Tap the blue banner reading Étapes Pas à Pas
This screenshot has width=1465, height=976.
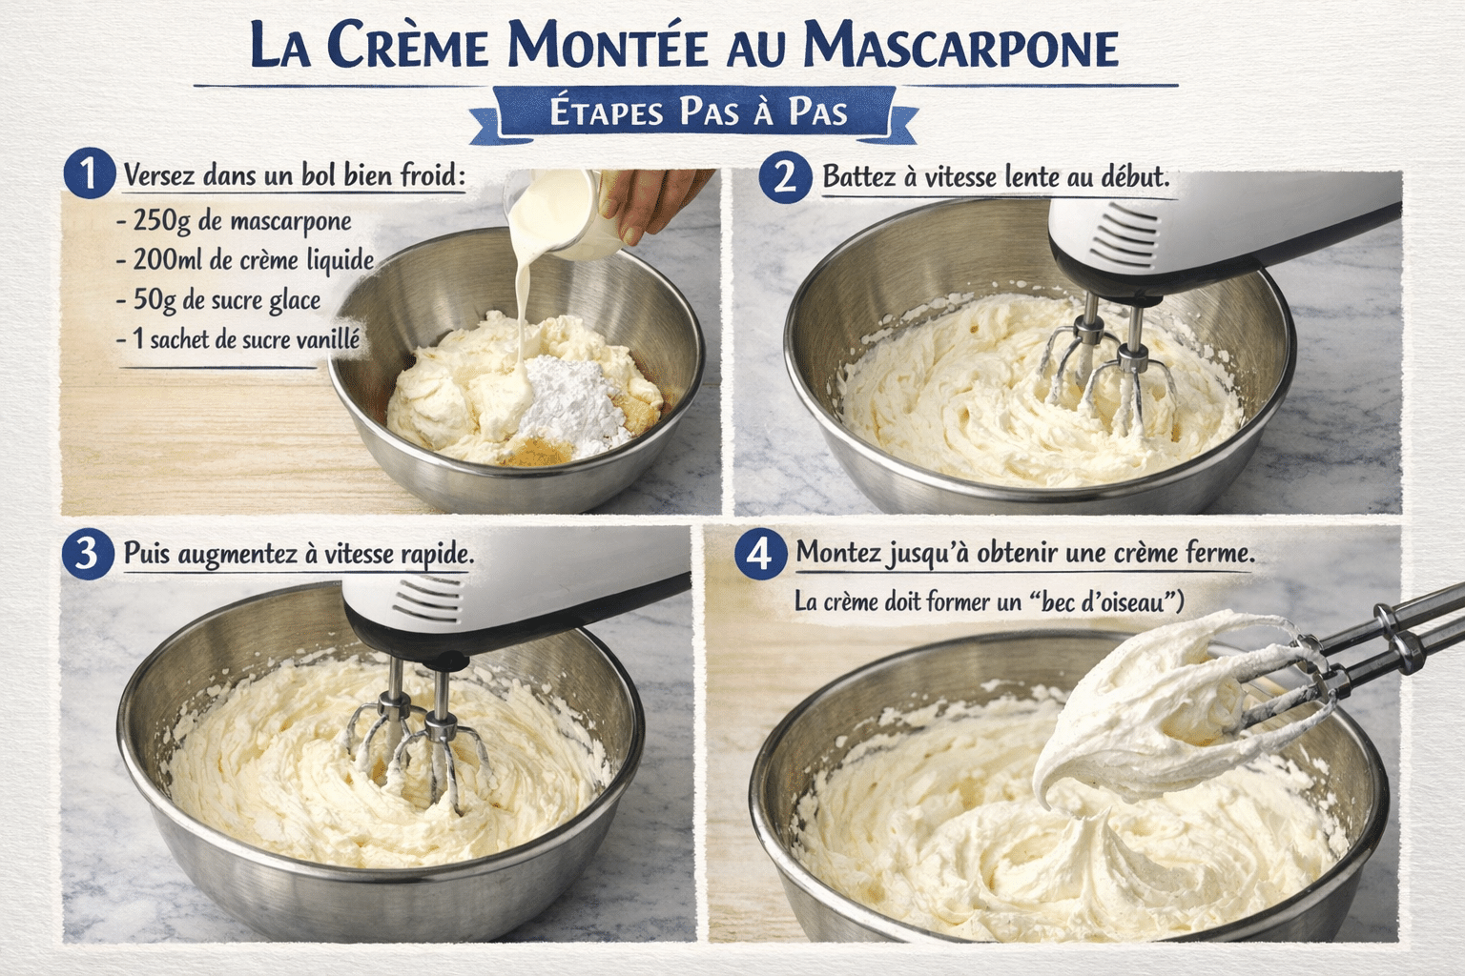coord(698,112)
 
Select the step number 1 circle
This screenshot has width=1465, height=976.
coord(88,174)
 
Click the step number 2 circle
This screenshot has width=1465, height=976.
coord(785,176)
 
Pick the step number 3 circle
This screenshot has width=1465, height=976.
coord(87,553)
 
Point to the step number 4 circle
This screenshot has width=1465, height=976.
coord(759,553)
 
